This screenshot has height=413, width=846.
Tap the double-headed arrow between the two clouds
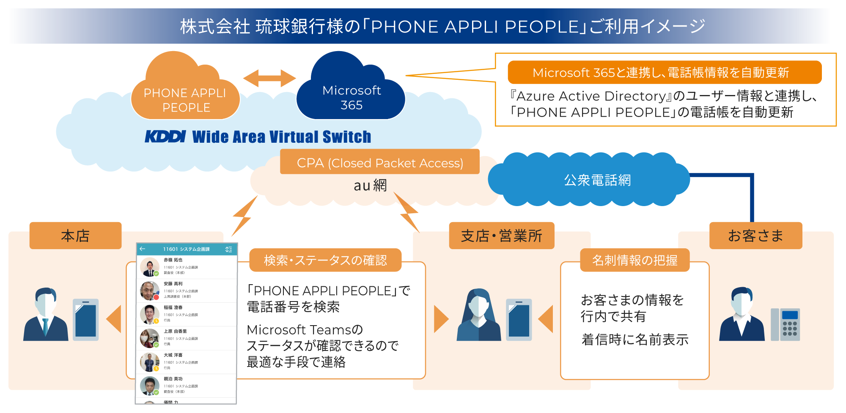[x=269, y=78]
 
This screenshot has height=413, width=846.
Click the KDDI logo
[x=165, y=136]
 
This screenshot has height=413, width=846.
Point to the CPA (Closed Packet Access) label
[x=379, y=163]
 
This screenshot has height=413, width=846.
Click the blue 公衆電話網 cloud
[x=596, y=180]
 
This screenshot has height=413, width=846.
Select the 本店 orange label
[x=75, y=236]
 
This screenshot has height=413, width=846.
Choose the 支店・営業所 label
[x=501, y=236]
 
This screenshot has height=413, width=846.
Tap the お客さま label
[x=755, y=236]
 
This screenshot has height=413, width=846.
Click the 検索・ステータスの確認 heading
[x=325, y=260]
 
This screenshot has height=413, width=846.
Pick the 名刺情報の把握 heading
[x=634, y=260]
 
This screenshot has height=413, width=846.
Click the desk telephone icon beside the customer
[x=785, y=324]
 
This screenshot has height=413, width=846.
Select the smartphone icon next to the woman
[x=519, y=320]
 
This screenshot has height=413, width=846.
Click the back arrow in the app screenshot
[x=143, y=249]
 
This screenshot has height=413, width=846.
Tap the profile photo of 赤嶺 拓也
[x=149, y=267]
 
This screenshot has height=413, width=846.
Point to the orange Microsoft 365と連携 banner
[x=664, y=73]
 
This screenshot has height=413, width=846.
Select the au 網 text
[x=370, y=185]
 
